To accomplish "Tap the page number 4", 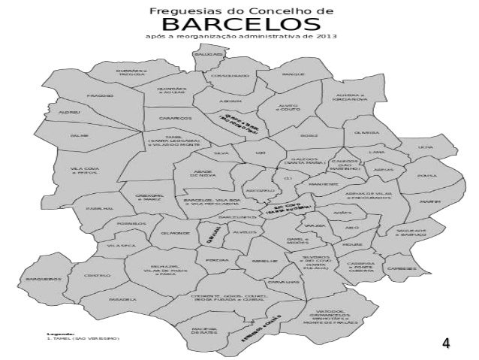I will pos(446,343).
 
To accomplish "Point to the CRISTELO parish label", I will pos(95,276).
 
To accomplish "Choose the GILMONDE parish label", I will pos(174,233).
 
